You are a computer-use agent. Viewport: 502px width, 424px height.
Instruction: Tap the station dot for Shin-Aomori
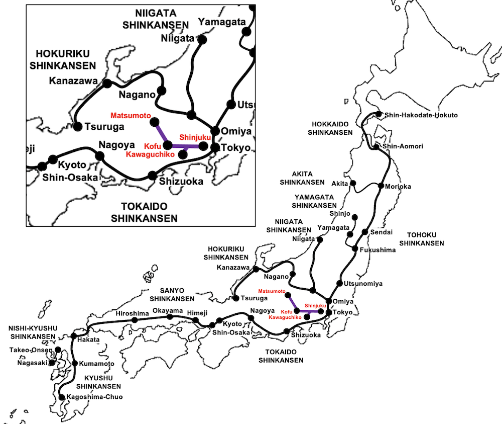click(376, 147)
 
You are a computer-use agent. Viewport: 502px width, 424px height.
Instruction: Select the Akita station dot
click(353, 183)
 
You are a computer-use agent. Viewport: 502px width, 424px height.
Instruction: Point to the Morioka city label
click(398, 187)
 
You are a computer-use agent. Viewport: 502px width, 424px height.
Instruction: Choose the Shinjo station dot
click(354, 217)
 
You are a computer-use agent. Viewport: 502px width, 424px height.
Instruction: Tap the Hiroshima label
click(132, 313)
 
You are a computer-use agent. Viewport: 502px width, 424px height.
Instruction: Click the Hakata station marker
click(74, 335)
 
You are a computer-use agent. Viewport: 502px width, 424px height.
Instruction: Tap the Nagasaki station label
click(32, 362)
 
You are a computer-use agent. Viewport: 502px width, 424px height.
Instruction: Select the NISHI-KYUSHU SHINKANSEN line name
click(33, 332)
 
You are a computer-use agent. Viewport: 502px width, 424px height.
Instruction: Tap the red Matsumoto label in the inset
click(131, 115)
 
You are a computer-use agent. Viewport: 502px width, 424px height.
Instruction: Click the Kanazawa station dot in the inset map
click(107, 84)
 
